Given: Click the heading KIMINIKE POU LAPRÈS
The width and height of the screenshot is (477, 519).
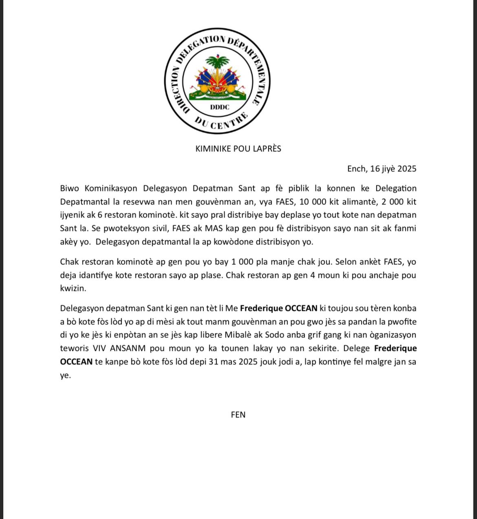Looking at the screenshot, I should click(x=238, y=149).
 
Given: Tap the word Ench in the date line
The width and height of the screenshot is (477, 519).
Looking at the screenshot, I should click(x=357, y=169).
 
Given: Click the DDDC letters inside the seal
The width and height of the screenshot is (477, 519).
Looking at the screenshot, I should click(x=219, y=107).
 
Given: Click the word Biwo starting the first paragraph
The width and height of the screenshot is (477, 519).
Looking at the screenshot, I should click(x=70, y=189).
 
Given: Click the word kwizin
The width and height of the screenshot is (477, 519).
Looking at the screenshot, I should click(x=72, y=288).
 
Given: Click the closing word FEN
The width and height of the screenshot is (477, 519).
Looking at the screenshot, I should click(x=238, y=415).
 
